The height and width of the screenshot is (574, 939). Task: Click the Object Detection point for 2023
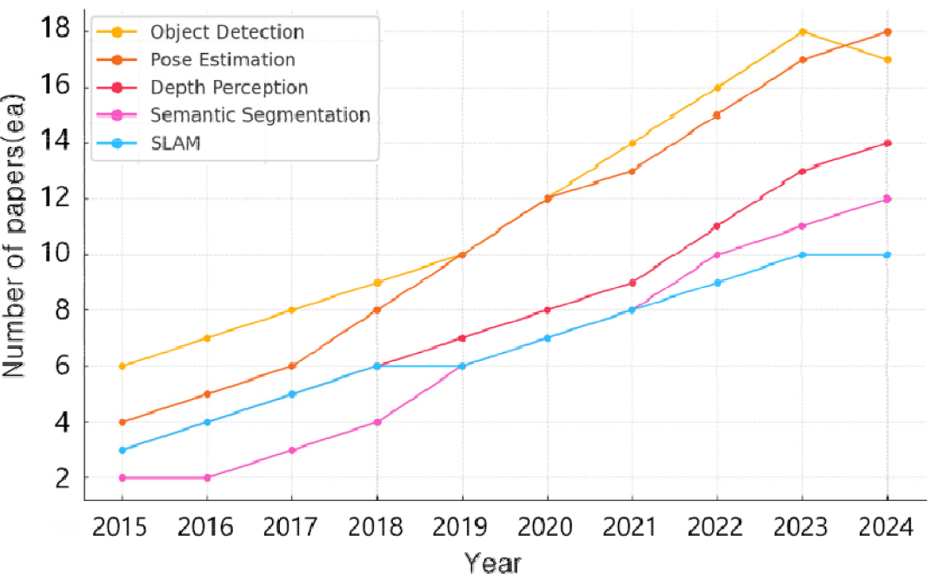(x=802, y=32)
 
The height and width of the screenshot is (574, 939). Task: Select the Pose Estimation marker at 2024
(x=887, y=32)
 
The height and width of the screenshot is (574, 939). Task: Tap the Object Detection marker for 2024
(x=887, y=60)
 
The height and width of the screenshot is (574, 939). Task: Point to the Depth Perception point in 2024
(x=887, y=143)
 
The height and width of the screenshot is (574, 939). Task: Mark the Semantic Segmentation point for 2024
(x=887, y=199)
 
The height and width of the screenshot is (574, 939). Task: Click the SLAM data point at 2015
(x=123, y=450)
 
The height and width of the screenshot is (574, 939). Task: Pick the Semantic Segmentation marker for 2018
(x=377, y=422)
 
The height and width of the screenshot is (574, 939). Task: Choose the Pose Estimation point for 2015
(x=123, y=422)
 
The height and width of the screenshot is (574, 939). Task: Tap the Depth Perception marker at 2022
(x=717, y=226)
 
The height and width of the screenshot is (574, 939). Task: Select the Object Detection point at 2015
(x=123, y=366)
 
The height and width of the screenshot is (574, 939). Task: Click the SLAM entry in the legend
(x=176, y=143)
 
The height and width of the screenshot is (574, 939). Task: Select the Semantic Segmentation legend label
(x=260, y=115)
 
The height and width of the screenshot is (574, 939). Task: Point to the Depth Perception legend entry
(x=229, y=87)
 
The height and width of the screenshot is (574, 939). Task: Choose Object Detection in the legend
(x=227, y=33)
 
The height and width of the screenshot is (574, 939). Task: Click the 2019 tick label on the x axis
(x=463, y=528)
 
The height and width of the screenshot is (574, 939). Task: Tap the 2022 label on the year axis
(x=717, y=528)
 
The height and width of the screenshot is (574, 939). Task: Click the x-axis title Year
(x=492, y=562)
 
